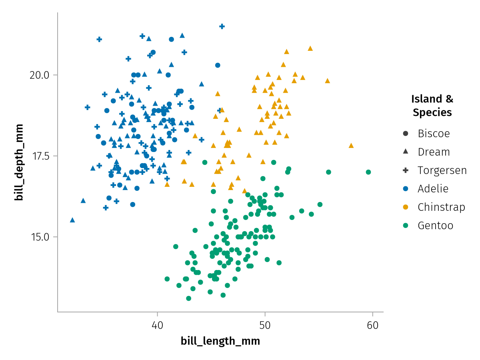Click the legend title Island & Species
click(432, 106)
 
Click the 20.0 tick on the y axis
click(39, 75)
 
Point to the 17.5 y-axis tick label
click(39, 156)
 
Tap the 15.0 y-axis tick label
click(39, 236)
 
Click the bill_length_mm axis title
click(220, 341)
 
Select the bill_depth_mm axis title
click(18, 162)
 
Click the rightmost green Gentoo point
click(368, 172)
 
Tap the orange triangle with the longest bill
click(351, 146)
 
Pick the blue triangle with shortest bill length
click(72, 220)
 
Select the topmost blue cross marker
click(222, 26)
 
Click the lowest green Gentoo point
click(188, 298)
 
